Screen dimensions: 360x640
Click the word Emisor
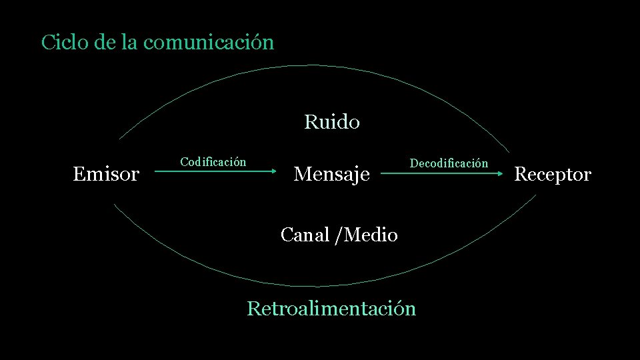[106, 175]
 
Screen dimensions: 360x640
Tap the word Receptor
[553, 175]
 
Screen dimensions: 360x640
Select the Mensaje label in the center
[331, 175]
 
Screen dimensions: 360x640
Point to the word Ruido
[331, 123]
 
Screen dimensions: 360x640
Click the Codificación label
[213, 162]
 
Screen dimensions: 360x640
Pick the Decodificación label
[449, 163]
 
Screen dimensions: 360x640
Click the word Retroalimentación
[331, 309]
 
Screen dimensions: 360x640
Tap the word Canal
[305, 235]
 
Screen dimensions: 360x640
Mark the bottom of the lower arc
[313, 286]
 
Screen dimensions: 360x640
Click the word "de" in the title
[105, 43]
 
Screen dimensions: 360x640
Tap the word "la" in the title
[130, 43]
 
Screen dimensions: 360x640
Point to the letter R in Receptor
[521, 175]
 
